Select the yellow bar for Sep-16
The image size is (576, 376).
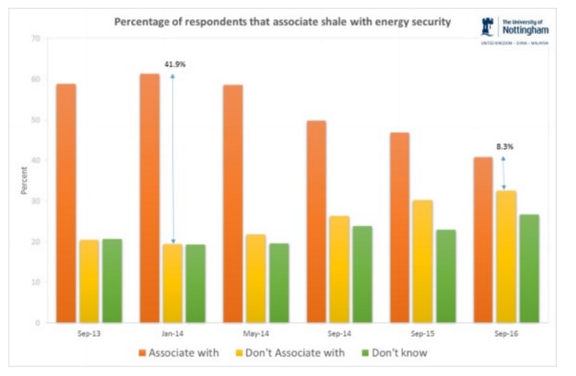click(507, 256)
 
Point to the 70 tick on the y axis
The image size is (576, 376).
click(35, 38)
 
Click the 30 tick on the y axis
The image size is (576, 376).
click(35, 201)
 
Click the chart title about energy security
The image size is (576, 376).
click(282, 22)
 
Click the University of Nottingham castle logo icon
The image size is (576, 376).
click(486, 26)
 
